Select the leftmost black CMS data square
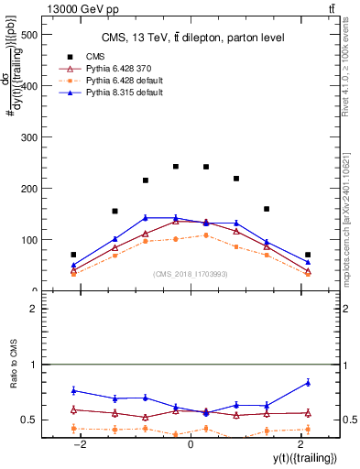pyautogui.click(x=73, y=255)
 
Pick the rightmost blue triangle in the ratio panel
pyautogui.click(x=308, y=382)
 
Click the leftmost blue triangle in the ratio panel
pyautogui.click(x=73, y=390)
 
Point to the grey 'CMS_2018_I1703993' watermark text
pyautogui.click(x=190, y=274)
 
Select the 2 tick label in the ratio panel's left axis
pyautogui.click(x=30, y=310)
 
